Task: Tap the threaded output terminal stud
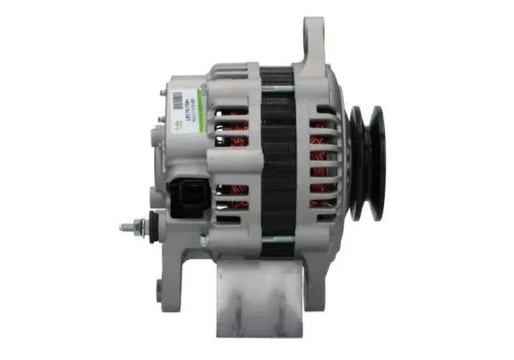tap(132, 227)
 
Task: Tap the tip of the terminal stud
tap(122, 227)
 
